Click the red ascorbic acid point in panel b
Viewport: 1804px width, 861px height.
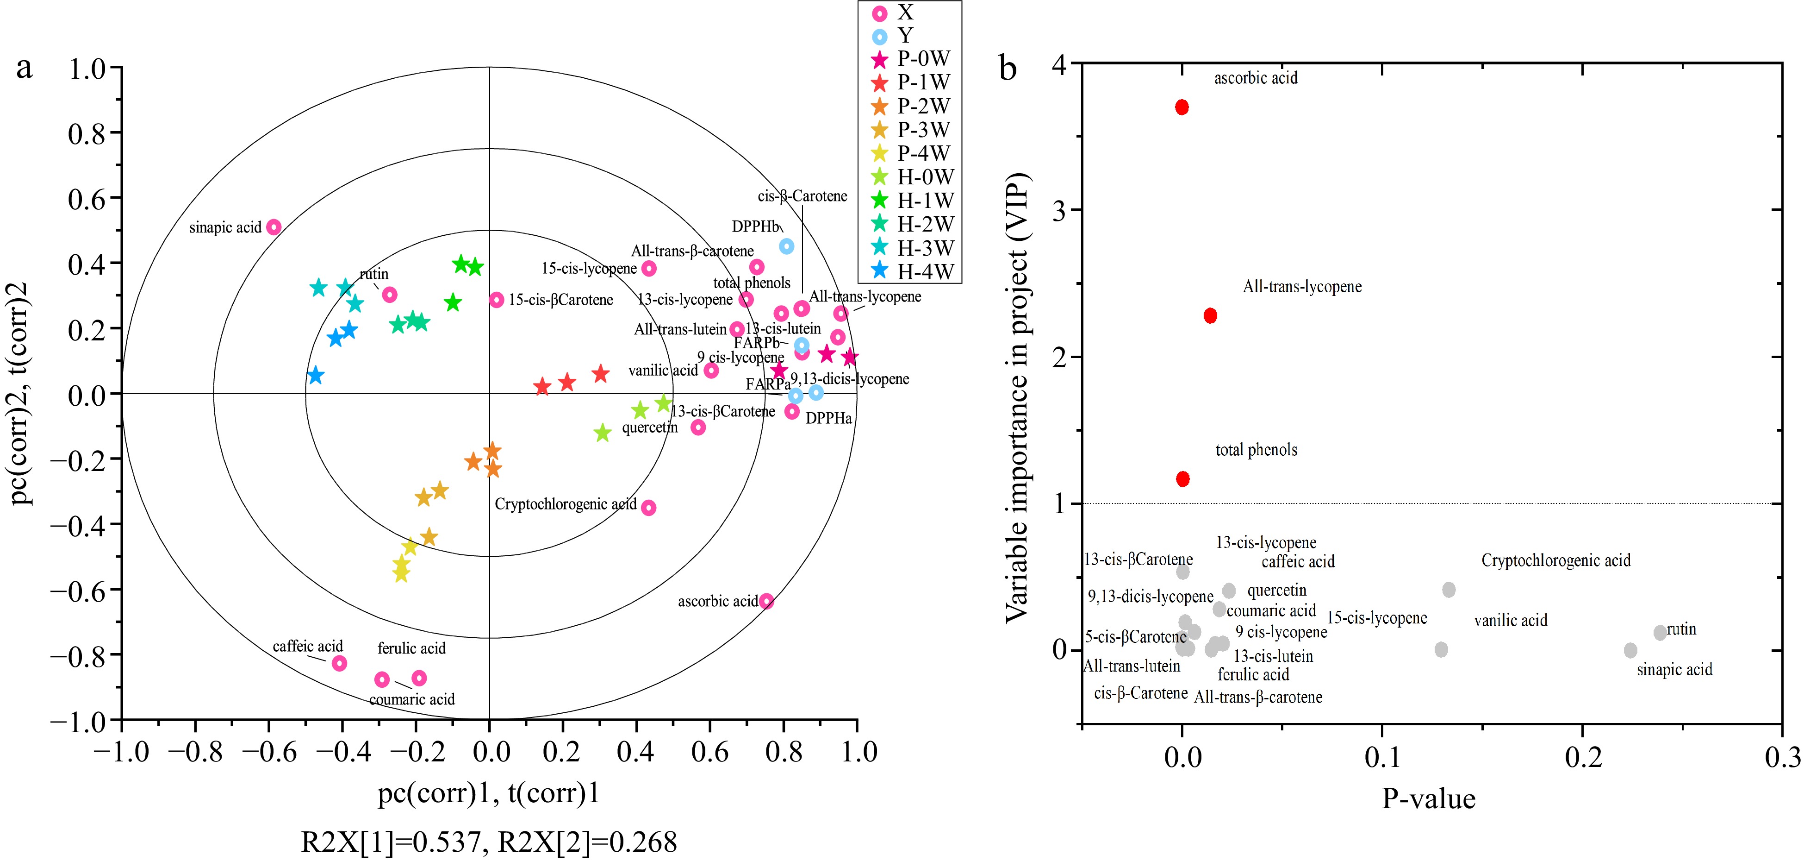coord(1182,107)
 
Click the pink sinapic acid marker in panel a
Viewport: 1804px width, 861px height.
coord(274,227)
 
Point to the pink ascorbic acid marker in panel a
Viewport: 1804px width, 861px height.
coord(767,601)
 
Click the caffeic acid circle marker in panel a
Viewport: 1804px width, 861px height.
coord(339,663)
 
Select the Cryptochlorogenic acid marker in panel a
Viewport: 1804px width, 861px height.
coord(648,507)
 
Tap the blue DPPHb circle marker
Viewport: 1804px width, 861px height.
coord(786,246)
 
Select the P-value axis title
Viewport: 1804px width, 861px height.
coord(1429,798)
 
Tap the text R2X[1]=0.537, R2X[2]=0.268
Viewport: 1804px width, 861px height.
coord(489,842)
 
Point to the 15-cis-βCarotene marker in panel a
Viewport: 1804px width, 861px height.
coord(497,300)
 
